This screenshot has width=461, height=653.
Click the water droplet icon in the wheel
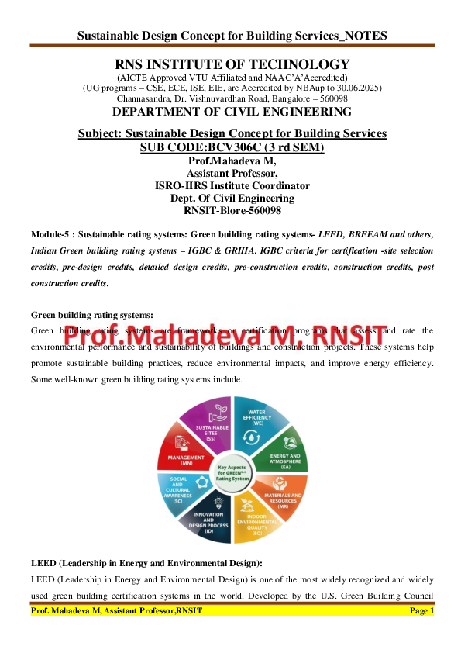click(254, 438)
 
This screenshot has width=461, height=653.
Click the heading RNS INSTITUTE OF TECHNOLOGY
click(232, 64)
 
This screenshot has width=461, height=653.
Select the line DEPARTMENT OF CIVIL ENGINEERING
click(232, 112)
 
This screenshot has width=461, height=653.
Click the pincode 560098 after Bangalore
click(331, 99)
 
